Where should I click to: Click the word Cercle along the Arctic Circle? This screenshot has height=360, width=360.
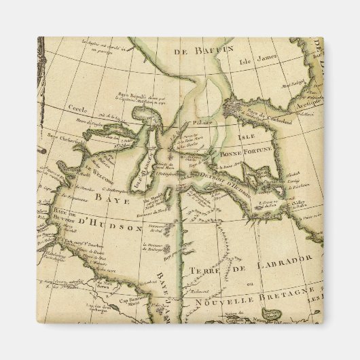[x=76, y=108]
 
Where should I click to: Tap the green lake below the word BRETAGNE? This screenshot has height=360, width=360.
[x=271, y=313]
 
